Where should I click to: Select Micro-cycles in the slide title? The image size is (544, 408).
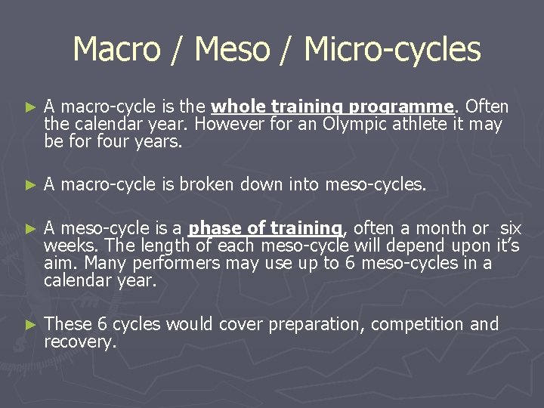[392, 50]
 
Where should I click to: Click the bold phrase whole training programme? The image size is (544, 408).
[332, 107]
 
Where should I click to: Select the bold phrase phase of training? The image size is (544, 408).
[265, 227]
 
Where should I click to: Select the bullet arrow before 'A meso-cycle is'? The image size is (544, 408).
[29, 228]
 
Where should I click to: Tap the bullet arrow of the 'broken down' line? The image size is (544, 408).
[29, 184]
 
